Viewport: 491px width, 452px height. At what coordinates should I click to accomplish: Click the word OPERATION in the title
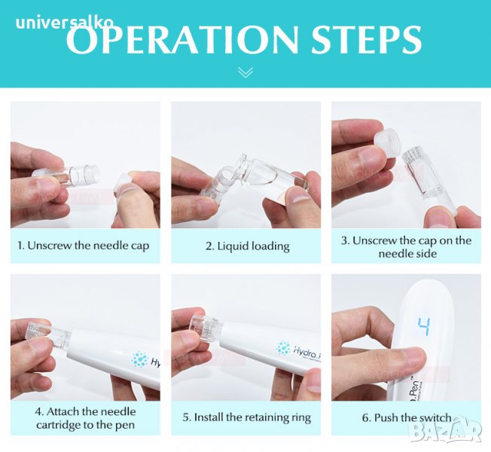(182, 39)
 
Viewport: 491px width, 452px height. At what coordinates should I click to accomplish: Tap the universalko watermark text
(64, 23)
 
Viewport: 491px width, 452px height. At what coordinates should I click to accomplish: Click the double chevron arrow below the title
(245, 72)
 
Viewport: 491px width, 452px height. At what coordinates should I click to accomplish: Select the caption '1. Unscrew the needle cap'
(84, 246)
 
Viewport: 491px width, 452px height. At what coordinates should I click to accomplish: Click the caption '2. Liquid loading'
(247, 246)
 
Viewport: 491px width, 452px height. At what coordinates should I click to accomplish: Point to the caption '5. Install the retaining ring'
(247, 417)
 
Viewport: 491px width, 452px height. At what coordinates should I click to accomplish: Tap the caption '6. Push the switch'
(407, 417)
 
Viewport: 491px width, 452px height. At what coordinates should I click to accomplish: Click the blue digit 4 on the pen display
(424, 327)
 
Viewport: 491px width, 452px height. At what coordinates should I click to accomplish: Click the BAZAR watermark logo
(447, 432)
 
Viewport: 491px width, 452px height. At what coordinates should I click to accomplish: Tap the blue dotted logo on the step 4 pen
(139, 359)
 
